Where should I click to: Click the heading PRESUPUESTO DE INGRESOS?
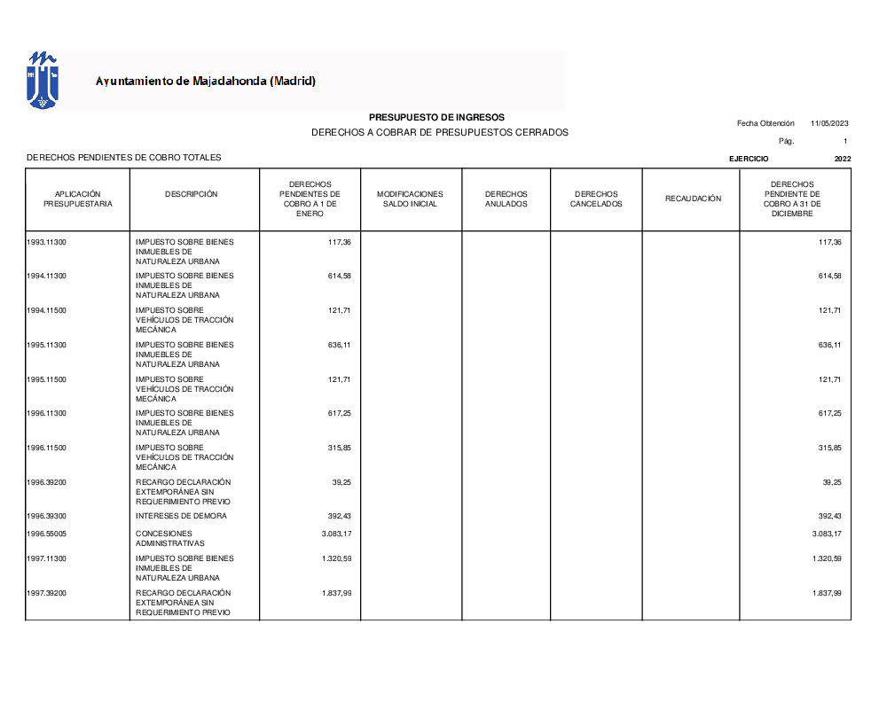(x=436, y=117)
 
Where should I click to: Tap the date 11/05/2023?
(x=829, y=123)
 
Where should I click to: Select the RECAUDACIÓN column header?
(x=694, y=199)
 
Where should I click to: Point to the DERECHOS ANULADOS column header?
(x=506, y=199)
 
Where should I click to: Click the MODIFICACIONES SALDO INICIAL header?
(x=410, y=199)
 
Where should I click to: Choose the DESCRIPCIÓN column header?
(x=191, y=194)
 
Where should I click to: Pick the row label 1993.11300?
(x=47, y=242)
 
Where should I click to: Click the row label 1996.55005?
(x=47, y=534)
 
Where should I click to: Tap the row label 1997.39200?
(x=47, y=593)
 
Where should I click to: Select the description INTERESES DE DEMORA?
(x=181, y=516)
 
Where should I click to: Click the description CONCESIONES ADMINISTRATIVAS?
(x=170, y=538)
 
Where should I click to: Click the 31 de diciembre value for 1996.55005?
(x=827, y=534)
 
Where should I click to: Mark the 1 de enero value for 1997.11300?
(x=336, y=558)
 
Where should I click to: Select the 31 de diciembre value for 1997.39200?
(x=827, y=593)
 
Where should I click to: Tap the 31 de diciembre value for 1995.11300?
(x=829, y=345)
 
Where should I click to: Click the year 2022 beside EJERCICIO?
(x=843, y=159)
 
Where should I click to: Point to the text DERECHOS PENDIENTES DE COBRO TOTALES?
(x=124, y=158)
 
